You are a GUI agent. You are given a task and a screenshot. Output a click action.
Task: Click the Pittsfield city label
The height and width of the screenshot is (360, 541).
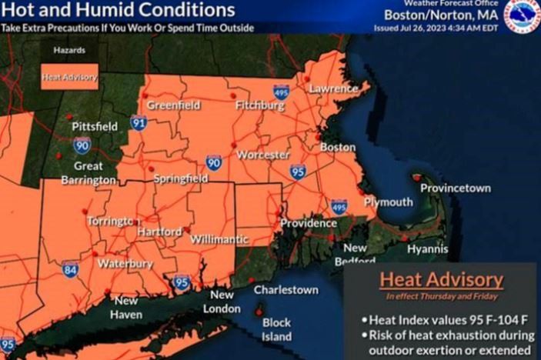(94, 125)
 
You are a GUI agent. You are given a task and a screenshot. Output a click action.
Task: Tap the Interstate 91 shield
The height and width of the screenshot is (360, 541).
(139, 122)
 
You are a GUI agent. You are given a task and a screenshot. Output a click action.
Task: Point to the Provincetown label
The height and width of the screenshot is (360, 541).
(456, 188)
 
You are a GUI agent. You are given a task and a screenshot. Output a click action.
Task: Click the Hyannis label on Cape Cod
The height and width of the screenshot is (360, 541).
(428, 248)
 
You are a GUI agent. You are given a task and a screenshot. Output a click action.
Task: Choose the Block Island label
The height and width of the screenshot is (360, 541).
(276, 329)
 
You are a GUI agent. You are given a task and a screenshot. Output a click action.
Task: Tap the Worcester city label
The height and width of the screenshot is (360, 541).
(262, 155)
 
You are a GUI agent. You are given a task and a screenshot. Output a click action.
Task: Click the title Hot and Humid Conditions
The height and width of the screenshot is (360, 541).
(118, 11)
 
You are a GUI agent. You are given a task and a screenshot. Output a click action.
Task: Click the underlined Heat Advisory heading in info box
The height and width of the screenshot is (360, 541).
(441, 279)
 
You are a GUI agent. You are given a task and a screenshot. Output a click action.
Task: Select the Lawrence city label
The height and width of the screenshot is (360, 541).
(333, 88)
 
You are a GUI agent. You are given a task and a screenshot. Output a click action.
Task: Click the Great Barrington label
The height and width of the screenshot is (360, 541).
(88, 173)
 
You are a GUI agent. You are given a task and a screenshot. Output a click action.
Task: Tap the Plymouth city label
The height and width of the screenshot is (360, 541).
(389, 202)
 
